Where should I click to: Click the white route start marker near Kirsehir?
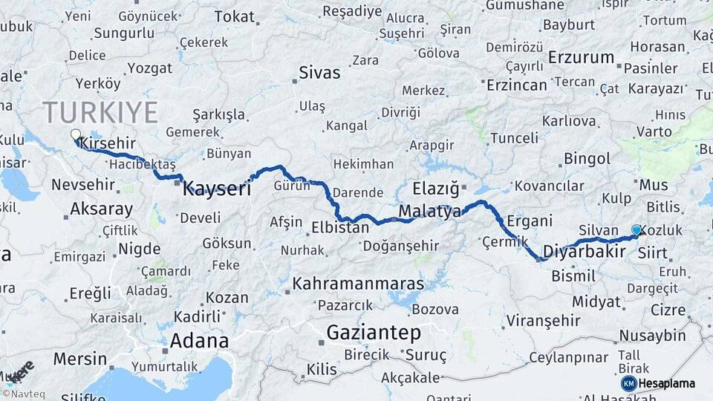(75, 135)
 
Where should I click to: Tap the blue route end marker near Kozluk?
(636, 230)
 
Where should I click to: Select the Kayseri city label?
(216, 188)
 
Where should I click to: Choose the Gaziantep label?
(374, 332)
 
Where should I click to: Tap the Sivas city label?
(319, 73)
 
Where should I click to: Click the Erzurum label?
(581, 57)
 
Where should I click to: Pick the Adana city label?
(199, 341)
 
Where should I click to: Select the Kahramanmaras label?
(358, 284)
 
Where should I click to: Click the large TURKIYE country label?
(100, 113)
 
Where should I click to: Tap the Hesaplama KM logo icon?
(628, 383)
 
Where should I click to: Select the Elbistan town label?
(340, 227)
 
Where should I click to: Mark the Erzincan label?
(517, 85)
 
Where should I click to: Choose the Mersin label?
(80, 359)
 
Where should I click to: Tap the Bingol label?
(587, 158)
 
